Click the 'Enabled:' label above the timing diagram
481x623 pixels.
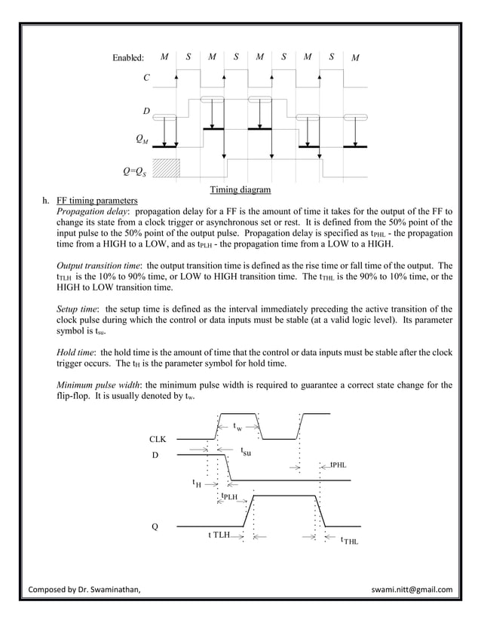point(128,58)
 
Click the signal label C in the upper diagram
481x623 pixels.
point(146,77)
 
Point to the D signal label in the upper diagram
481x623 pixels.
point(146,112)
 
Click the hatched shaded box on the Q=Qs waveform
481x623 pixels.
point(166,168)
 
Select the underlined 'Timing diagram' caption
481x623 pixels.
point(240,189)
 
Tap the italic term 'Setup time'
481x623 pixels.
point(78,309)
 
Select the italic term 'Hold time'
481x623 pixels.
point(77,352)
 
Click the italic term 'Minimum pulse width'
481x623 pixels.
point(93,385)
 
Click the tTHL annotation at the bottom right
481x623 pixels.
point(350,540)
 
